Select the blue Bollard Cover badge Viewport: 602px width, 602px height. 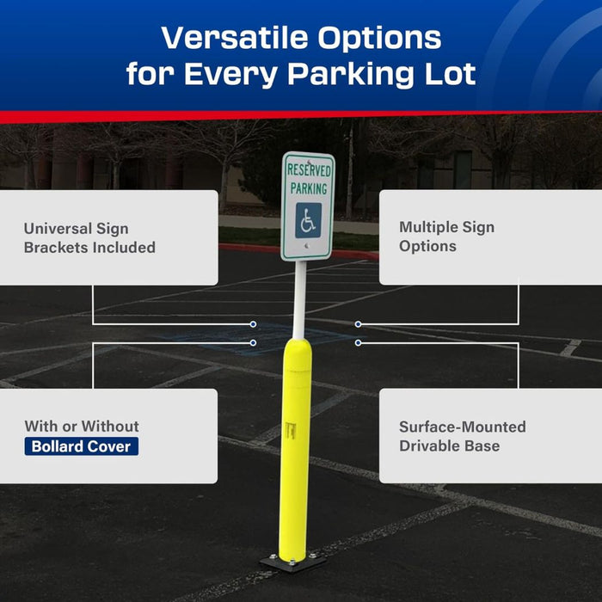point(82,446)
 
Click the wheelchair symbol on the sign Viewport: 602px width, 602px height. point(308,220)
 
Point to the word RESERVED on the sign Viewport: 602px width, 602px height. point(309,170)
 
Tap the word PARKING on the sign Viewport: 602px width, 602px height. point(308,187)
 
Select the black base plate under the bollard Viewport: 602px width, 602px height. point(293,561)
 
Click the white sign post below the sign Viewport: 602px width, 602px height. point(299,297)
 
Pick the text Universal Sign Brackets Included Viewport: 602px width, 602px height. point(89,238)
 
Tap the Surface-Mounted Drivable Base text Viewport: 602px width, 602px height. point(462,436)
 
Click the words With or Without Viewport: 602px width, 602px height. point(82,426)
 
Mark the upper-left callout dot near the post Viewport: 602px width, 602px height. point(253,324)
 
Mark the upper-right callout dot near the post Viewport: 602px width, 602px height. point(358,324)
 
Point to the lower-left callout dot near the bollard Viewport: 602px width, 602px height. point(253,342)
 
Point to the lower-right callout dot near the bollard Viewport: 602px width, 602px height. point(358,342)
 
